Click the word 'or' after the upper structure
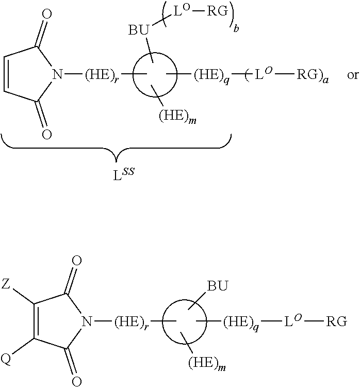point(352,75)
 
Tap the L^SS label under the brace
point(124,173)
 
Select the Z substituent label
point(6,284)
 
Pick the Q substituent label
point(6,359)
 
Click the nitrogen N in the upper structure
point(57,74)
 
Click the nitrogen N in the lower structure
point(87,321)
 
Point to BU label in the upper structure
point(139,30)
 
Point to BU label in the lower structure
point(218,286)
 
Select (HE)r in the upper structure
point(101,75)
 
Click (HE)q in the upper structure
point(211,75)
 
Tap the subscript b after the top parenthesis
point(236,28)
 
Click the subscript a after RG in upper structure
point(326,80)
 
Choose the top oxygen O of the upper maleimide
point(47,14)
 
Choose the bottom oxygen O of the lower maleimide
point(76,381)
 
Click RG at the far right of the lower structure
point(337,321)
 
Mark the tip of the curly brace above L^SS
point(117,162)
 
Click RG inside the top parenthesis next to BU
point(217,11)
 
